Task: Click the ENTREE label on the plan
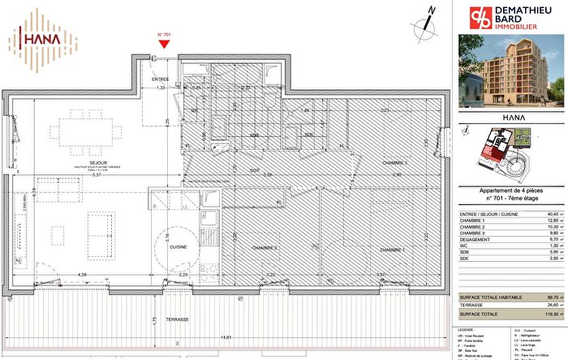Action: click(162, 79)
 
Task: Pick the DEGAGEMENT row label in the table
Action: click(477, 240)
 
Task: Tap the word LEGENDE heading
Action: click(467, 331)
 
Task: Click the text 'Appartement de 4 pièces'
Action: click(510, 190)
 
